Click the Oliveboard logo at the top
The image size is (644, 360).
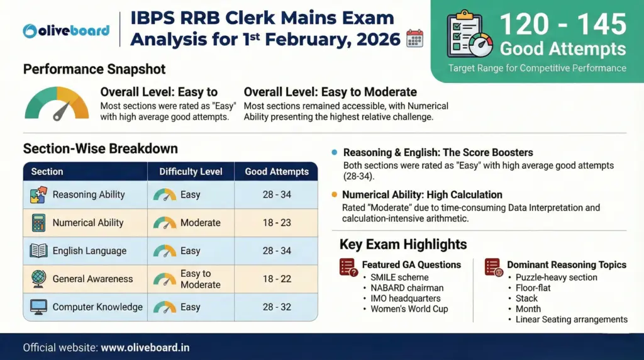pyautogui.click(x=66, y=30)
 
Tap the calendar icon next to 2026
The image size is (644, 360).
pyautogui.click(x=414, y=38)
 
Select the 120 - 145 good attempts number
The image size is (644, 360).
pyautogui.click(x=563, y=25)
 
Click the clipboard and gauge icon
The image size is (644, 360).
pyautogui.click(x=469, y=36)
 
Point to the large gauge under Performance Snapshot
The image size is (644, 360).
pyautogui.click(x=57, y=104)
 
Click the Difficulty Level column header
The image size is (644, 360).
pyautogui.click(x=191, y=171)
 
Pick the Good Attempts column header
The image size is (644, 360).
pyautogui.click(x=277, y=171)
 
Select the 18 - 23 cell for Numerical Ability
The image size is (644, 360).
pyautogui.click(x=277, y=223)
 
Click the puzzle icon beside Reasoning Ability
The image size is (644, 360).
pyautogui.click(x=38, y=194)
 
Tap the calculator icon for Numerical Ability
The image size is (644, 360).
pyautogui.click(x=38, y=223)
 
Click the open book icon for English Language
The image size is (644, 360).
pyautogui.click(x=38, y=250)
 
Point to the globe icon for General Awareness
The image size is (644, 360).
pyautogui.click(x=38, y=279)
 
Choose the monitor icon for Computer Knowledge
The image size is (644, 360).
pyautogui.click(x=38, y=307)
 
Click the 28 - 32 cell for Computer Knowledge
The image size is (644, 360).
pyautogui.click(x=277, y=307)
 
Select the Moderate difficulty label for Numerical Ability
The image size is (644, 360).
pyautogui.click(x=200, y=223)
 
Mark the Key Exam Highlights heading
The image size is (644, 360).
pyautogui.click(x=403, y=244)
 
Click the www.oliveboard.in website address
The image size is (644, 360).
pyautogui.click(x=145, y=347)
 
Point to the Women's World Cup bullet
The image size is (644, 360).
pyautogui.click(x=409, y=309)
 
